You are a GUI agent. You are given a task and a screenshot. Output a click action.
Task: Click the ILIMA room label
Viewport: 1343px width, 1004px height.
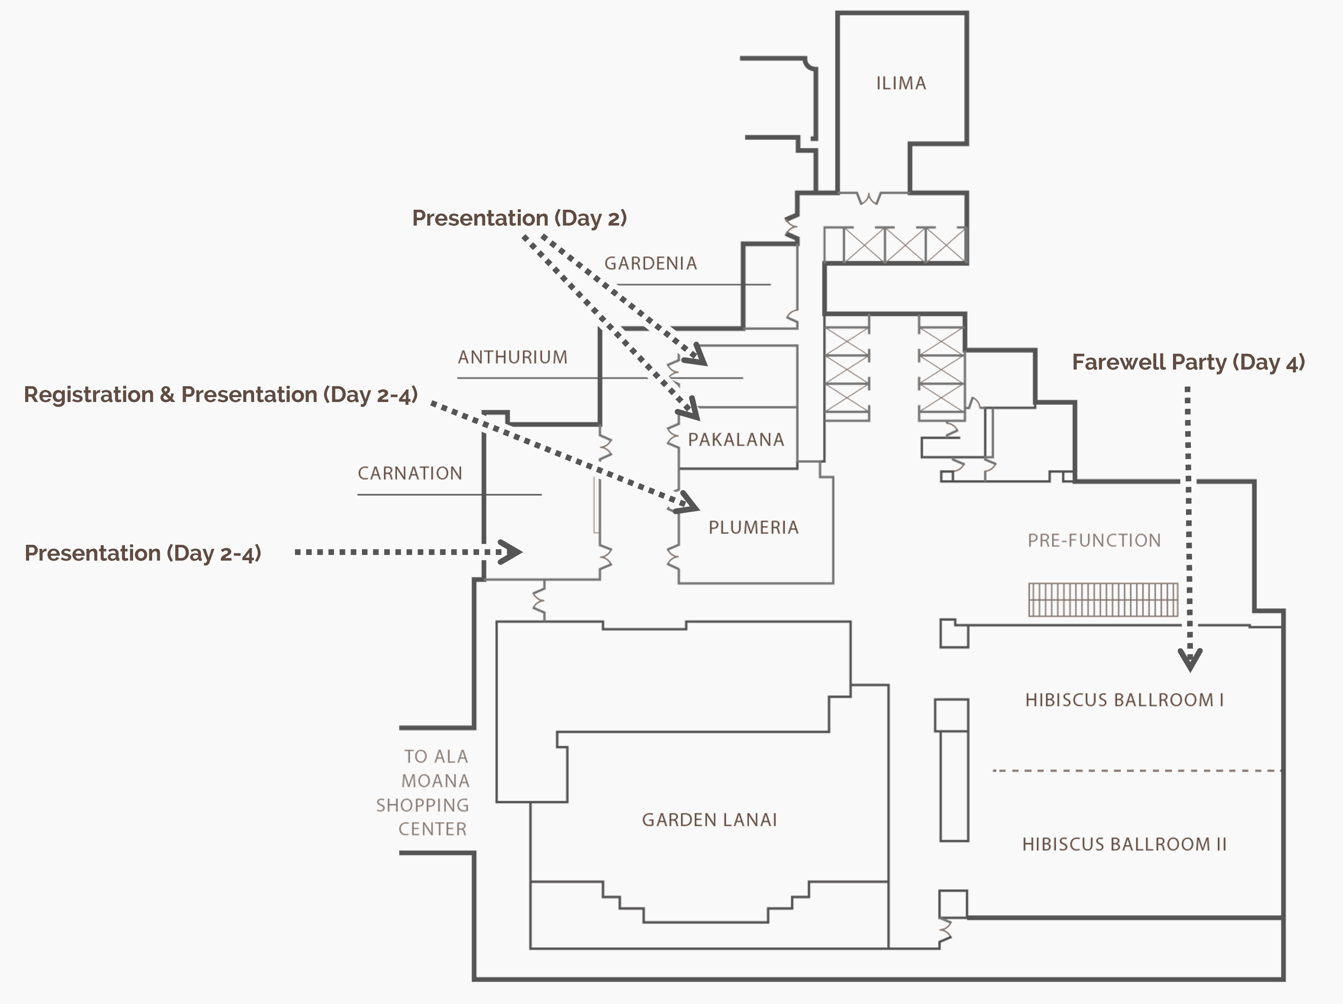click(x=901, y=83)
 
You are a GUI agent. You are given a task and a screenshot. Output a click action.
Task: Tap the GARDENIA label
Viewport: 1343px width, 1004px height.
click(x=650, y=263)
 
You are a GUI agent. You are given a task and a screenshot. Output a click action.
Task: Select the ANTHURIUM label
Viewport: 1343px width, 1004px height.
click(x=512, y=357)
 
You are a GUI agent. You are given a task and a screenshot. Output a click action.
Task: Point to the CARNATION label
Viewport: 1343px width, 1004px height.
click(x=410, y=473)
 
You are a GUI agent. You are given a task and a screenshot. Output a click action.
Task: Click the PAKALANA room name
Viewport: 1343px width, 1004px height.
click(x=736, y=439)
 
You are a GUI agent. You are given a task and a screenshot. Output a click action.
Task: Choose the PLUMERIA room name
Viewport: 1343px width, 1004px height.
click(x=753, y=527)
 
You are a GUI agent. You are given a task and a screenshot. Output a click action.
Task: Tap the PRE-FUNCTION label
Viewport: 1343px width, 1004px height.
click(x=1094, y=540)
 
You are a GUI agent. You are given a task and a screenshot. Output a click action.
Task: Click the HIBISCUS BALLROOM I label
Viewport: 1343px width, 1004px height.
click(x=1124, y=700)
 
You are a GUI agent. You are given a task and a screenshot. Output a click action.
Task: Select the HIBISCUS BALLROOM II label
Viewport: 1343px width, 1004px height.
click(x=1124, y=844)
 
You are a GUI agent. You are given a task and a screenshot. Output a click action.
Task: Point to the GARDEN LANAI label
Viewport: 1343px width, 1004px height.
click(x=709, y=820)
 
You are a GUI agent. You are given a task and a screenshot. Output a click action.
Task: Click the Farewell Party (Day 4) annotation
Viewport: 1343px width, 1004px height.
click(x=1188, y=362)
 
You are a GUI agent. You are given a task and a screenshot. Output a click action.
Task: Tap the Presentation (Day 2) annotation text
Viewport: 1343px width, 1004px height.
click(x=519, y=218)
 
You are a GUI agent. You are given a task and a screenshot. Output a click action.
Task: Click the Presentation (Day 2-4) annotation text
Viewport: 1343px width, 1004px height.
click(x=143, y=553)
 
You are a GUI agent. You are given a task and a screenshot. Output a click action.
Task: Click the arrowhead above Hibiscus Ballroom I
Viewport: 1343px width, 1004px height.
click(x=1190, y=660)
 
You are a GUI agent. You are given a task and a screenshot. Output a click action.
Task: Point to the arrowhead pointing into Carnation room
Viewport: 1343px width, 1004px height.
click(x=511, y=552)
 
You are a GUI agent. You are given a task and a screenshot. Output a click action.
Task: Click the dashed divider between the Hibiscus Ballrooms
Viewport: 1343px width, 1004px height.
click(x=1135, y=771)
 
